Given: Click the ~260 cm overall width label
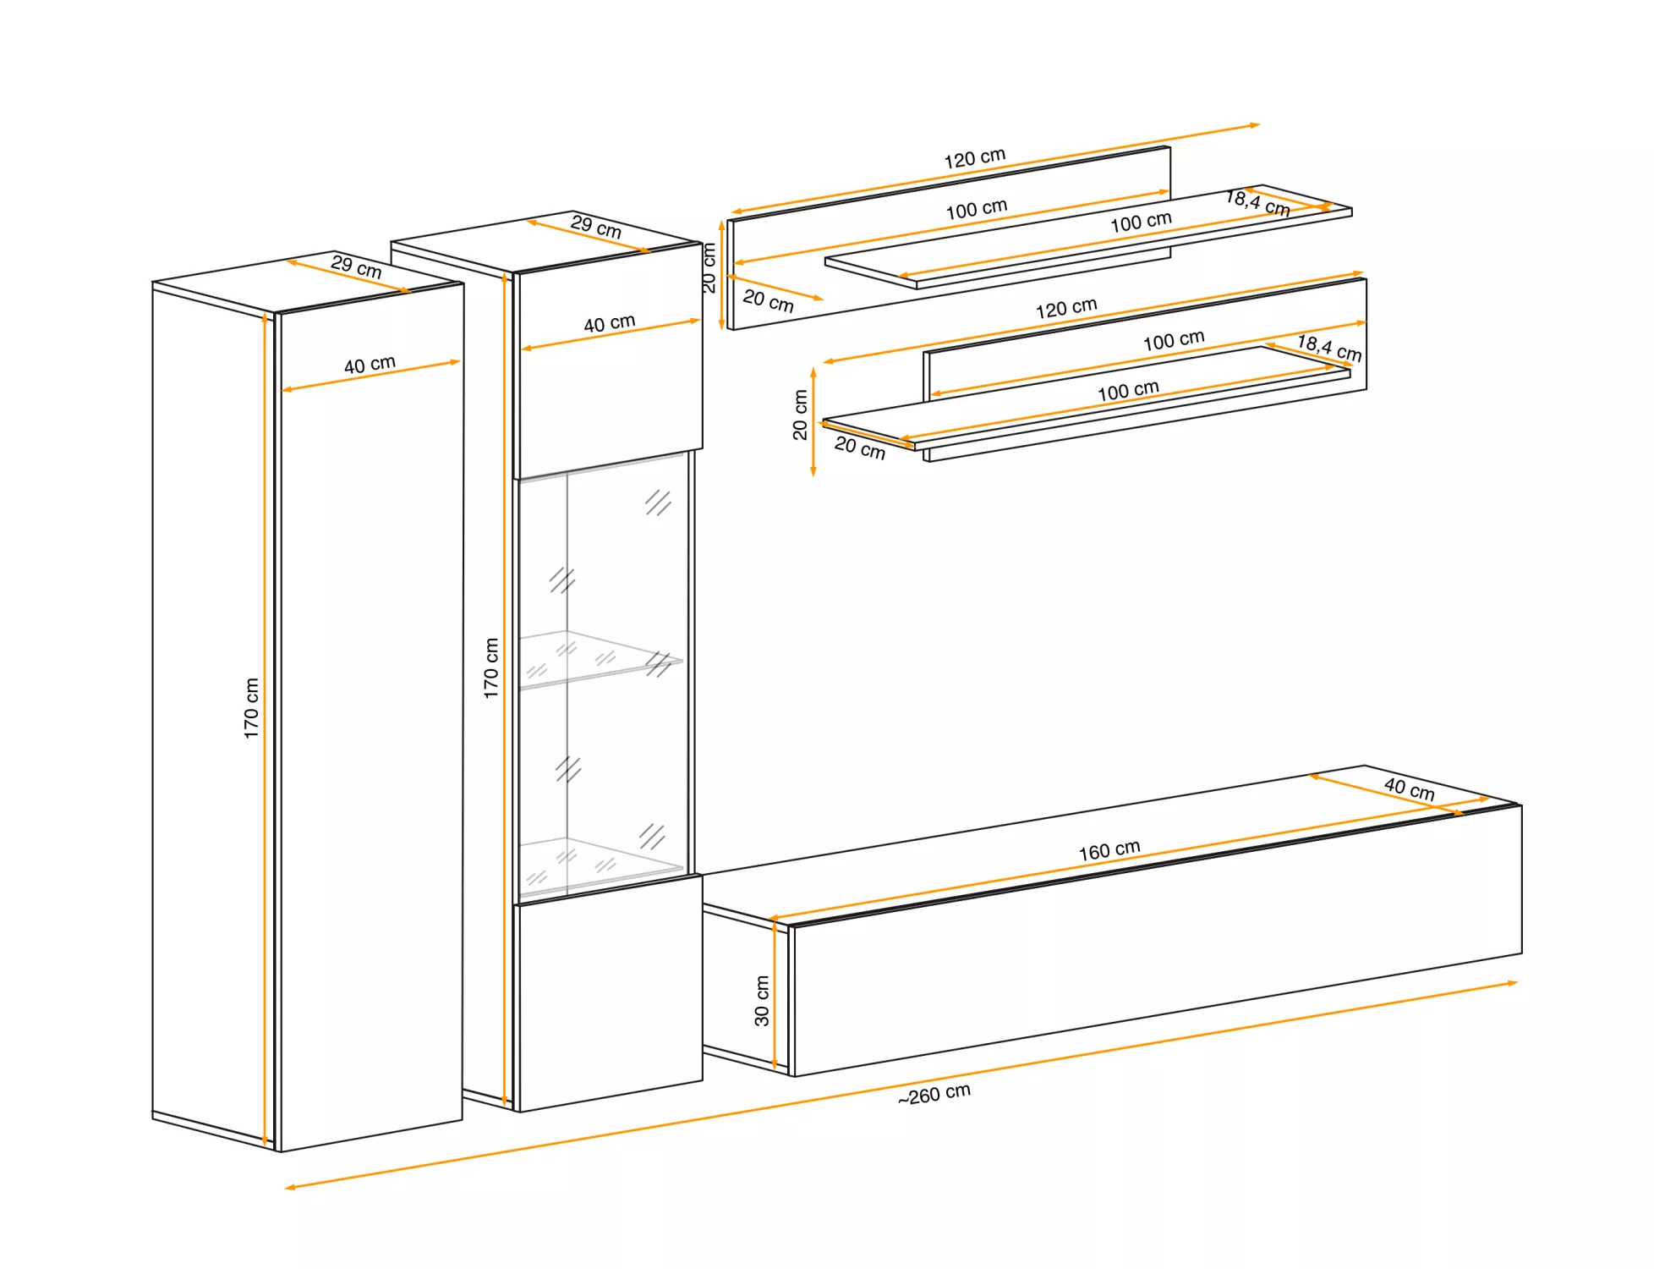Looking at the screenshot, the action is tap(934, 1094).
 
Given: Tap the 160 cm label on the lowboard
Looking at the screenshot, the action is tap(1109, 850).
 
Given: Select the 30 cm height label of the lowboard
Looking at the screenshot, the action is tap(762, 1001).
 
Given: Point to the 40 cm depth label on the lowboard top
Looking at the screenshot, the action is tap(1410, 789).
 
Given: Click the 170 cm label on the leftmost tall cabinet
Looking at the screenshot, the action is tap(251, 708).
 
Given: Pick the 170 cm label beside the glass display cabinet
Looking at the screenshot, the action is tap(491, 668).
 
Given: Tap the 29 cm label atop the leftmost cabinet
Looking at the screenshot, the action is tap(356, 266).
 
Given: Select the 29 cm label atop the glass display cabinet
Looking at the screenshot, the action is tap(596, 227).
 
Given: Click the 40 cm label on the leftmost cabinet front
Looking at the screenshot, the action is tap(370, 365).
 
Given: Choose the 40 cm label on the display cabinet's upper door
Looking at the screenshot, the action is tap(610, 323).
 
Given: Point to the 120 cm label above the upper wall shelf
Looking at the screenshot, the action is tap(975, 158).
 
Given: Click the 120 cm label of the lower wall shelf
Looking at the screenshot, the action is tap(1066, 308).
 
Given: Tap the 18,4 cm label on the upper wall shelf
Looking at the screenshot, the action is tap(1258, 203).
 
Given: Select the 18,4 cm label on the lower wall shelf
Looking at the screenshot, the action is tap(1330, 349).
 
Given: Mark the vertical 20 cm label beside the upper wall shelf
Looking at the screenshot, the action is tap(709, 268).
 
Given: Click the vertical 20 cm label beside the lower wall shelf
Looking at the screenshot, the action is tap(800, 415).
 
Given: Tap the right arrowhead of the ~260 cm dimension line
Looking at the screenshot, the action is tap(1513, 983).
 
